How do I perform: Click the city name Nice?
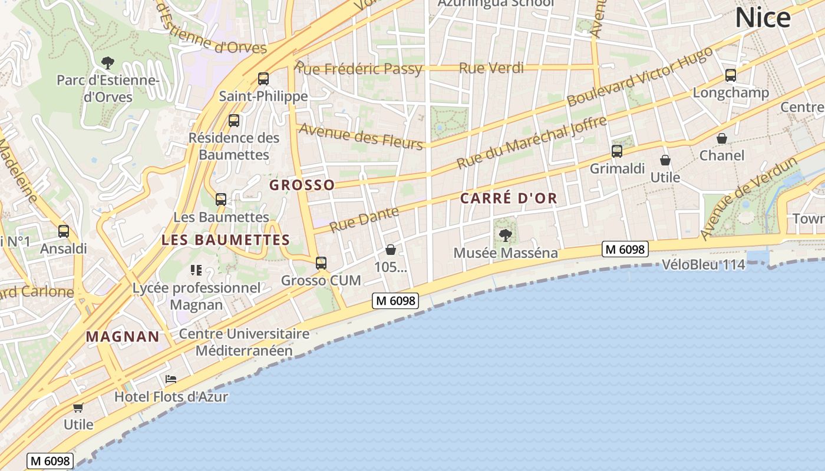coord(763,18)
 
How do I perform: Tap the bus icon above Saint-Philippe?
coord(263,78)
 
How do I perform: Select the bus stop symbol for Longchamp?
coord(731,75)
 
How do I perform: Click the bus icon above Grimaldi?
coord(617,151)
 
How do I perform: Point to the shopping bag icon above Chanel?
coord(722,138)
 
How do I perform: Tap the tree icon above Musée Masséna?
coord(505,235)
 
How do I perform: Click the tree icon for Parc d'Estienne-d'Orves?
coord(107,62)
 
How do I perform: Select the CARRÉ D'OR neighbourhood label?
coord(509,198)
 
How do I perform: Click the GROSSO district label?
coord(302,185)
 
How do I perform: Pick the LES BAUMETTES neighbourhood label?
coord(226,240)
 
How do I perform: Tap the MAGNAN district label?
coord(123,337)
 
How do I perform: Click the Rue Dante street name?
coord(364,219)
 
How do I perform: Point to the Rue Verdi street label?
coord(491,68)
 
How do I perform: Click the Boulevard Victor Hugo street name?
coord(639,77)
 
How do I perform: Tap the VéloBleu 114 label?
coord(703,265)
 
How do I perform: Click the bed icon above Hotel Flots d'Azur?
coord(171,379)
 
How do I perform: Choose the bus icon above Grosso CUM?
coord(321,263)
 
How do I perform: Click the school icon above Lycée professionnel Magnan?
coord(196,270)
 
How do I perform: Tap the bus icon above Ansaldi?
coord(64,231)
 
